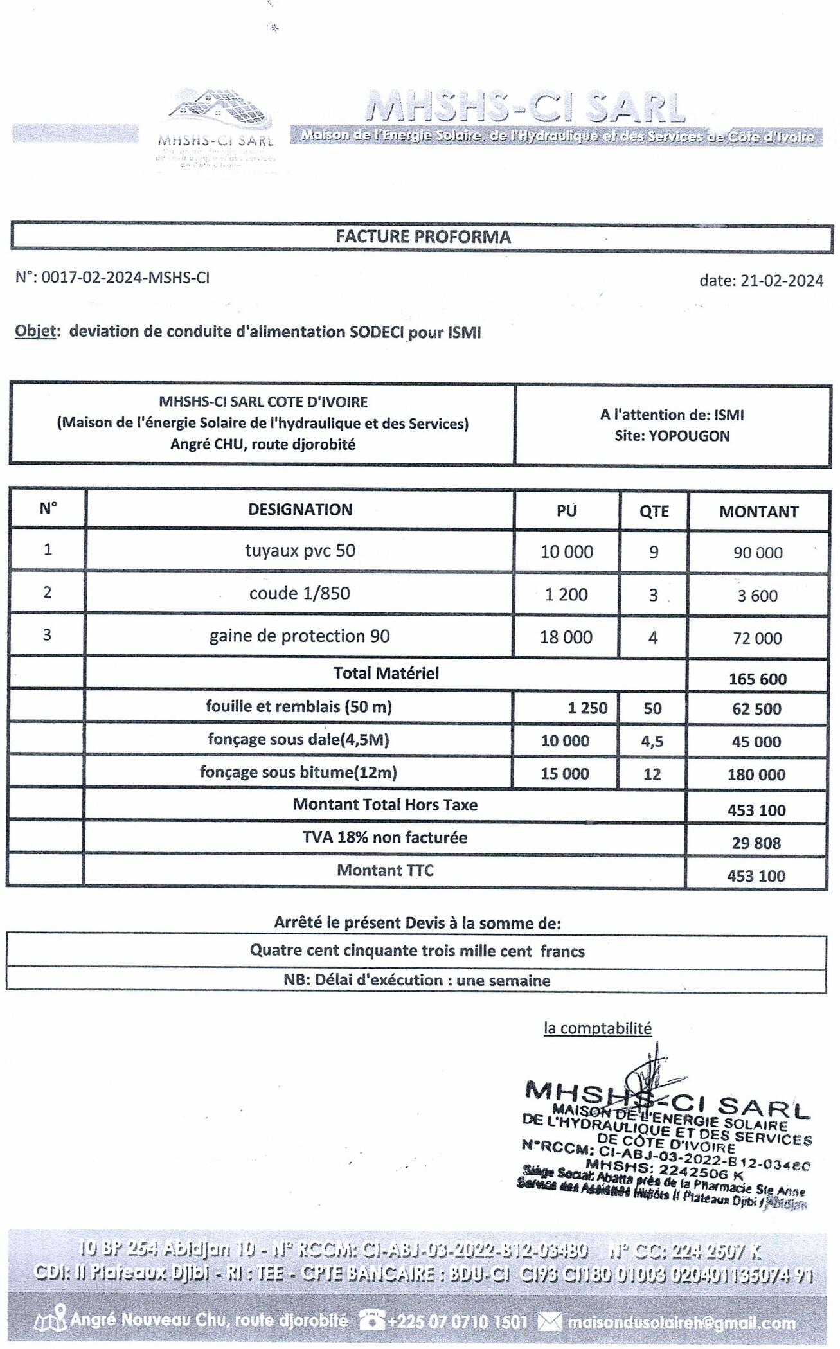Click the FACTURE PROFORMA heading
[423, 237]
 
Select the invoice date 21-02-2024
[781, 280]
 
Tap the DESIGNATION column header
[300, 510]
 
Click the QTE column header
[654, 512]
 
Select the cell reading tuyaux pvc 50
[300, 551]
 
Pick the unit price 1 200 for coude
[566, 594]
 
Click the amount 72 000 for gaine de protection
[757, 638]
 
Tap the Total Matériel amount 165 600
[757, 679]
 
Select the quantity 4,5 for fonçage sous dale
[652, 741]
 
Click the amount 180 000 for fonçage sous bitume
[756, 774]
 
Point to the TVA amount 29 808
[756, 843]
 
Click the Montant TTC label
[385, 870]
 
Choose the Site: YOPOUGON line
[672, 436]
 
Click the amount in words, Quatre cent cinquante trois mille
[416, 951]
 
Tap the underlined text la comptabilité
[597, 1028]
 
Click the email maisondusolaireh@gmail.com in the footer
[680, 1323]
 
